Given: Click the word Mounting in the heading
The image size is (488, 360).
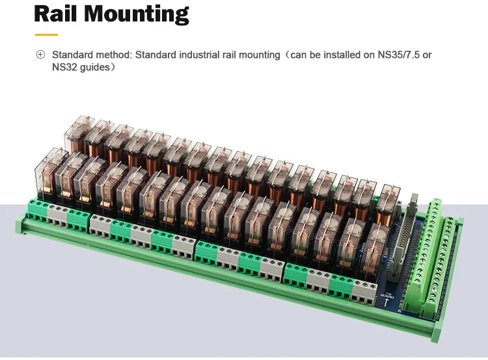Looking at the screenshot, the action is click(x=137, y=14).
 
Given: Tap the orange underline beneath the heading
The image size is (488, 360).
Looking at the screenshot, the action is click(x=46, y=35).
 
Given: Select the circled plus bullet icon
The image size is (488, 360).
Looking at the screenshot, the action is click(x=40, y=55).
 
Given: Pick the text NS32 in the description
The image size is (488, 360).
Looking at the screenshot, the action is click(x=64, y=67).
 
